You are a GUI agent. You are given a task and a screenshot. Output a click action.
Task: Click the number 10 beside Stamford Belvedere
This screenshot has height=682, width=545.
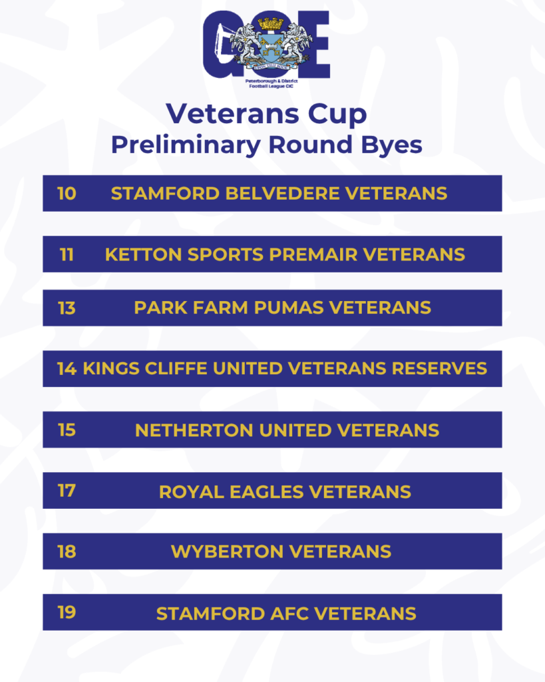tap(67, 194)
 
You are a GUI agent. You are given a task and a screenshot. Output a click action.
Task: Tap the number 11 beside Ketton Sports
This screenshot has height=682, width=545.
tap(67, 254)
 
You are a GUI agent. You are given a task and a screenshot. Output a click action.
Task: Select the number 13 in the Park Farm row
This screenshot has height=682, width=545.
tap(67, 308)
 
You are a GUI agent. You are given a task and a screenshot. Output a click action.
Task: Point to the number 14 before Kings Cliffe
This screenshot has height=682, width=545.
tap(67, 369)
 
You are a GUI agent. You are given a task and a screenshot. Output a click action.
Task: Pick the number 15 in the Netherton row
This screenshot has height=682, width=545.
tap(67, 430)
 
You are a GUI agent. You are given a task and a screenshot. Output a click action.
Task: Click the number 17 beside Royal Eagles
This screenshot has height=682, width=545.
tap(67, 491)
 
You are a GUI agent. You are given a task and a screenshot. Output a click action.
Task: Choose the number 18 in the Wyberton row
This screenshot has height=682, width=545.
tap(67, 551)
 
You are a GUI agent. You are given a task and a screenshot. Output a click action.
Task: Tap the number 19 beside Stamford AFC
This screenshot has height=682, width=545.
tap(67, 613)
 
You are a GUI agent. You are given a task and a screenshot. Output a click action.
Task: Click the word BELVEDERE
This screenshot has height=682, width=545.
tap(283, 194)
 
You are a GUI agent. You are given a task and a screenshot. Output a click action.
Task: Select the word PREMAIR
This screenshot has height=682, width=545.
tap(313, 254)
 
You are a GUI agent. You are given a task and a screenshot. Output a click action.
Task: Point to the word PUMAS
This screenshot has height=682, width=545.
tap(289, 308)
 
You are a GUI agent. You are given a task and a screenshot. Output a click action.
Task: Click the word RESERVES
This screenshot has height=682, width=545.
tap(439, 369)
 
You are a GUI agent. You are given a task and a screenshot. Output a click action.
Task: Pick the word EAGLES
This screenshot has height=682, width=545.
tap(266, 492)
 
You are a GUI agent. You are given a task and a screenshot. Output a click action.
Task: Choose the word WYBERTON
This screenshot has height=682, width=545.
tap(228, 551)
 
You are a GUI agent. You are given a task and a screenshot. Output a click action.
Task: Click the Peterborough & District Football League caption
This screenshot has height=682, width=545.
tap(272, 83)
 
